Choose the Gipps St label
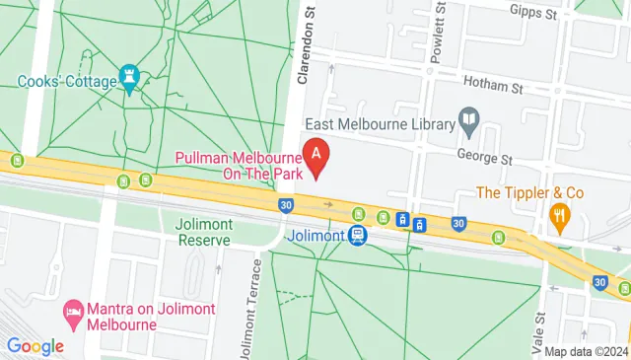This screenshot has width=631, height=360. tap(535, 13)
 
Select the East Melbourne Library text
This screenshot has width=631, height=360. tap(379, 124)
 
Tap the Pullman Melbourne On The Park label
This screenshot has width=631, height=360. tap(239, 166)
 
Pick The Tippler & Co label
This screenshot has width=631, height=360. tap(531, 192)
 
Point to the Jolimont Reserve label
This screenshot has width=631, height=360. tap(203, 231)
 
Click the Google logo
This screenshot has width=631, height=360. tap(35, 346)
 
